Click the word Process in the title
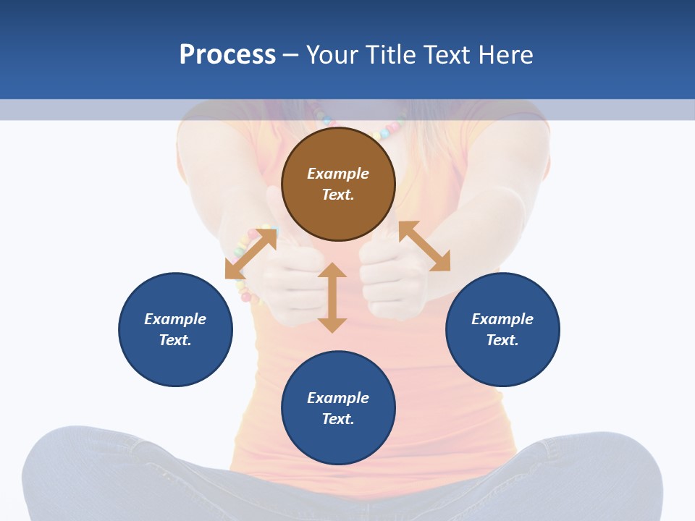227,55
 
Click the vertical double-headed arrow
332,297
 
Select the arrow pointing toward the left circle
250,253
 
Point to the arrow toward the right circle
424,246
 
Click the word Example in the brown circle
338,174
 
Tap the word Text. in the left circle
175,340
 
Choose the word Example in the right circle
502,319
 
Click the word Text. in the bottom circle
338,419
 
